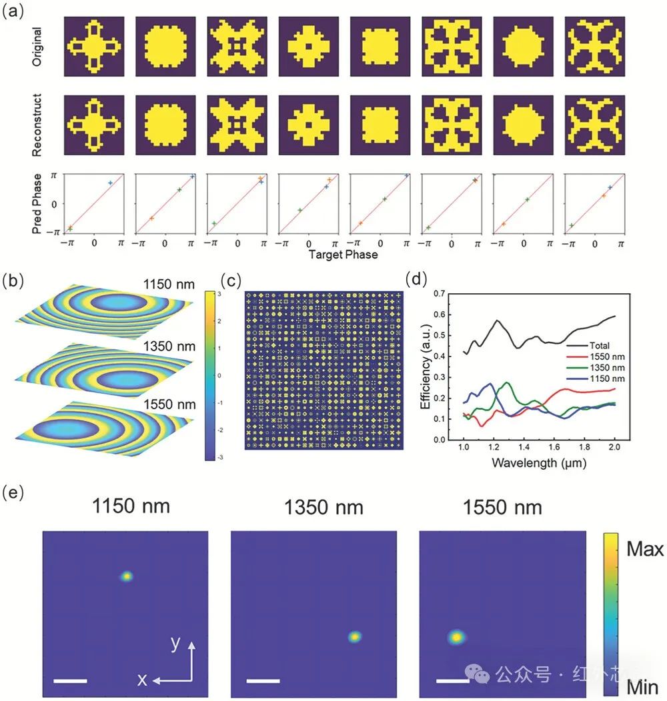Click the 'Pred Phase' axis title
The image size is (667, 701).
coord(38,203)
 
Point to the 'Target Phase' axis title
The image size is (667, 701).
coord(344,255)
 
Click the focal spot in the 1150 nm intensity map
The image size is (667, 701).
coord(126,576)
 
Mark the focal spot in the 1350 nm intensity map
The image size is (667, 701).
coord(355,637)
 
